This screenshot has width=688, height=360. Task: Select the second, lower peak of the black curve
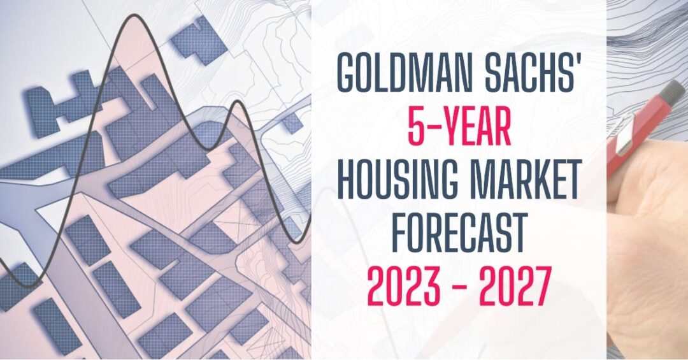(x=238, y=101)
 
